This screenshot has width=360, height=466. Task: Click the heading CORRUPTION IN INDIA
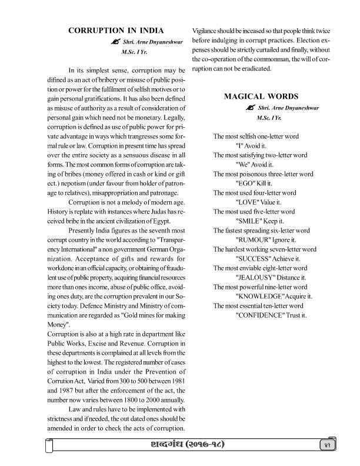(x=116, y=30)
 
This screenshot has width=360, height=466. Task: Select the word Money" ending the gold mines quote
(x=58, y=324)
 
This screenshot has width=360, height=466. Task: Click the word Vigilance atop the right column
(x=206, y=31)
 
